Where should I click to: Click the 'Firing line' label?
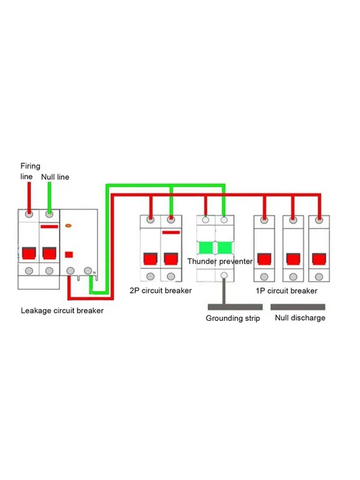(30, 171)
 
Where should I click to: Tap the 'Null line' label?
(55, 177)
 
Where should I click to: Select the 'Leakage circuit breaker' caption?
(62, 310)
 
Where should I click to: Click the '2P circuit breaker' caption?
(160, 290)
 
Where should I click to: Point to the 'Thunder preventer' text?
(220, 262)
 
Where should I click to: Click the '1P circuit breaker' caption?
(287, 291)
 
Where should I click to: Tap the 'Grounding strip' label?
(232, 318)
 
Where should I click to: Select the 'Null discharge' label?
(300, 317)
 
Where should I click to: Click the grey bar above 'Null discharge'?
(298, 307)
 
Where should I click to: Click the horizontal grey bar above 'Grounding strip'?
(235, 307)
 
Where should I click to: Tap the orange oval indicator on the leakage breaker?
(68, 225)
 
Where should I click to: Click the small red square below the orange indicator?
(69, 255)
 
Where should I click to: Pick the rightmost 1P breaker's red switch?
(319, 259)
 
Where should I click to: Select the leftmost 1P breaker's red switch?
(264, 259)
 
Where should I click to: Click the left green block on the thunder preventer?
(205, 248)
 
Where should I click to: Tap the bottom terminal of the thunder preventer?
(224, 275)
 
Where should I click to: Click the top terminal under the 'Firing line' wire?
(29, 214)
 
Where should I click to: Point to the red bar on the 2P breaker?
(171, 232)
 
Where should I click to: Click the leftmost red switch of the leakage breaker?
(29, 253)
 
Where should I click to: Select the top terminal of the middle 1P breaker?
(293, 220)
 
